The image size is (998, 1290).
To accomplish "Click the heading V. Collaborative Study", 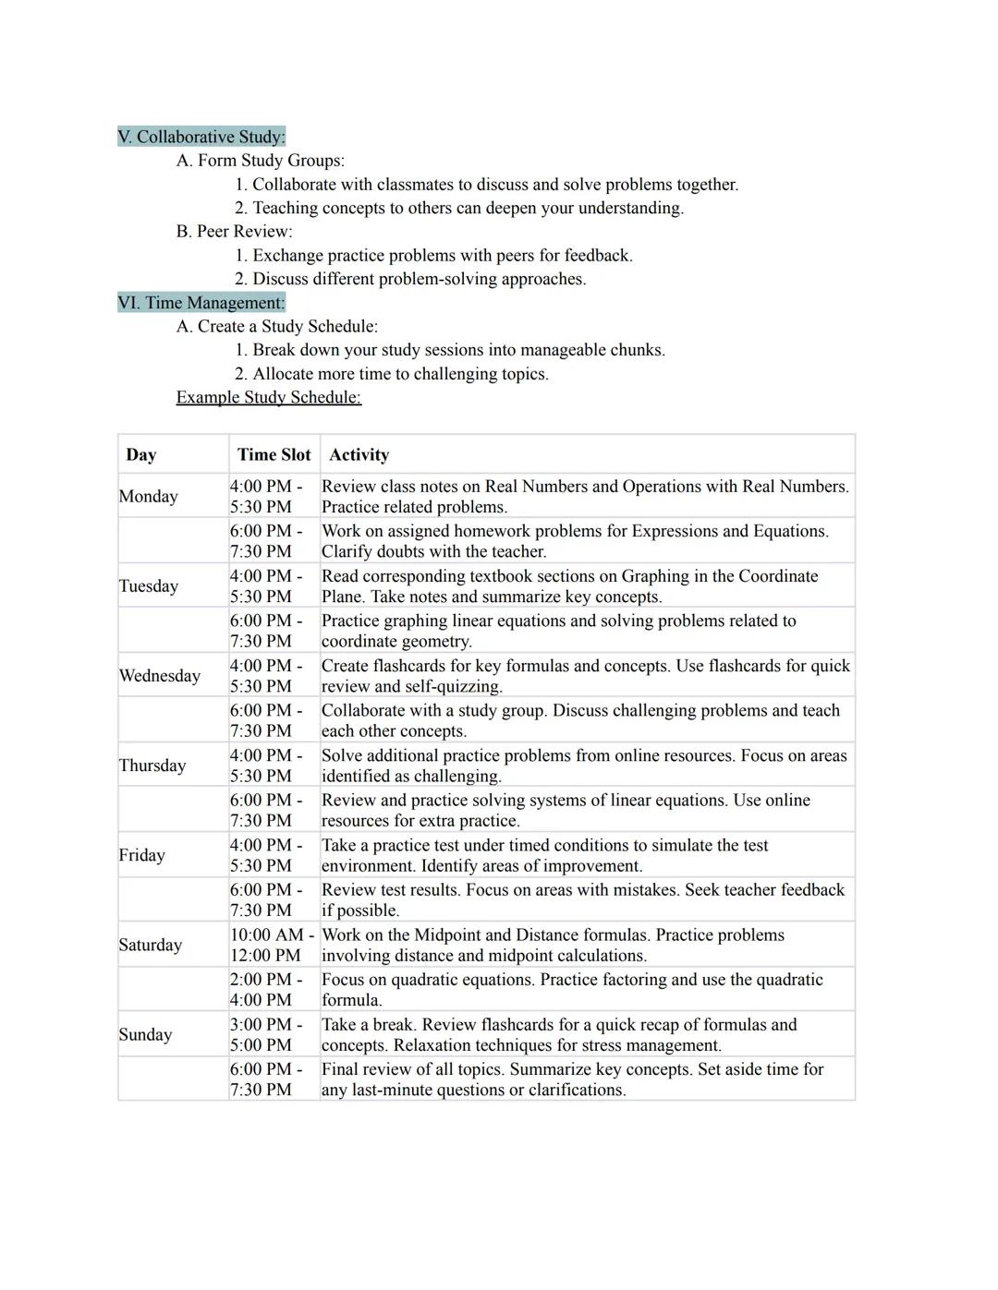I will coord(201,137).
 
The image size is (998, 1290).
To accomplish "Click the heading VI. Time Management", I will coord(201,303).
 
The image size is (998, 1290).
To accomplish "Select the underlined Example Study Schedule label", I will coord(269,397).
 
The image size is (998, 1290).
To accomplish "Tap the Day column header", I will coord(141,454).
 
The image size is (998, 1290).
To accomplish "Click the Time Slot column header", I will coord(274,454).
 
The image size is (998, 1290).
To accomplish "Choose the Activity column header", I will coord(359,454).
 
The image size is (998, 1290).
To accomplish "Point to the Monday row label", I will coord(149,496).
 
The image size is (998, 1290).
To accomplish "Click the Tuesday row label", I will coord(149,585).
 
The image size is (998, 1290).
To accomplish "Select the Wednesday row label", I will coord(160,675).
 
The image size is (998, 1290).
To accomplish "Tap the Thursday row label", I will coord(152,765).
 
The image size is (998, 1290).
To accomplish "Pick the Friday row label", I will coord(142,854).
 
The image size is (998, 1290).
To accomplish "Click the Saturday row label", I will coord(151,944).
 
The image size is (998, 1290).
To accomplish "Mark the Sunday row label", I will coord(146,1033).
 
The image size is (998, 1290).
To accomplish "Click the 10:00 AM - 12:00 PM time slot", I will coord(272,945).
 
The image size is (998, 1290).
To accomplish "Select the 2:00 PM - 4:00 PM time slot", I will coord(266,989).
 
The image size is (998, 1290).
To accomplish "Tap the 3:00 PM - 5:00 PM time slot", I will coord(266,1034).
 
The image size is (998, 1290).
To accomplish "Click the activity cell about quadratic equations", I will coord(571,989).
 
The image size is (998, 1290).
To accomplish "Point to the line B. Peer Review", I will coord(235,231).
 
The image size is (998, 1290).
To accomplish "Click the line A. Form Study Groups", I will coord(261,161).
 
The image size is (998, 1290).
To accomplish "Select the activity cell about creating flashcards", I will coord(584,675).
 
